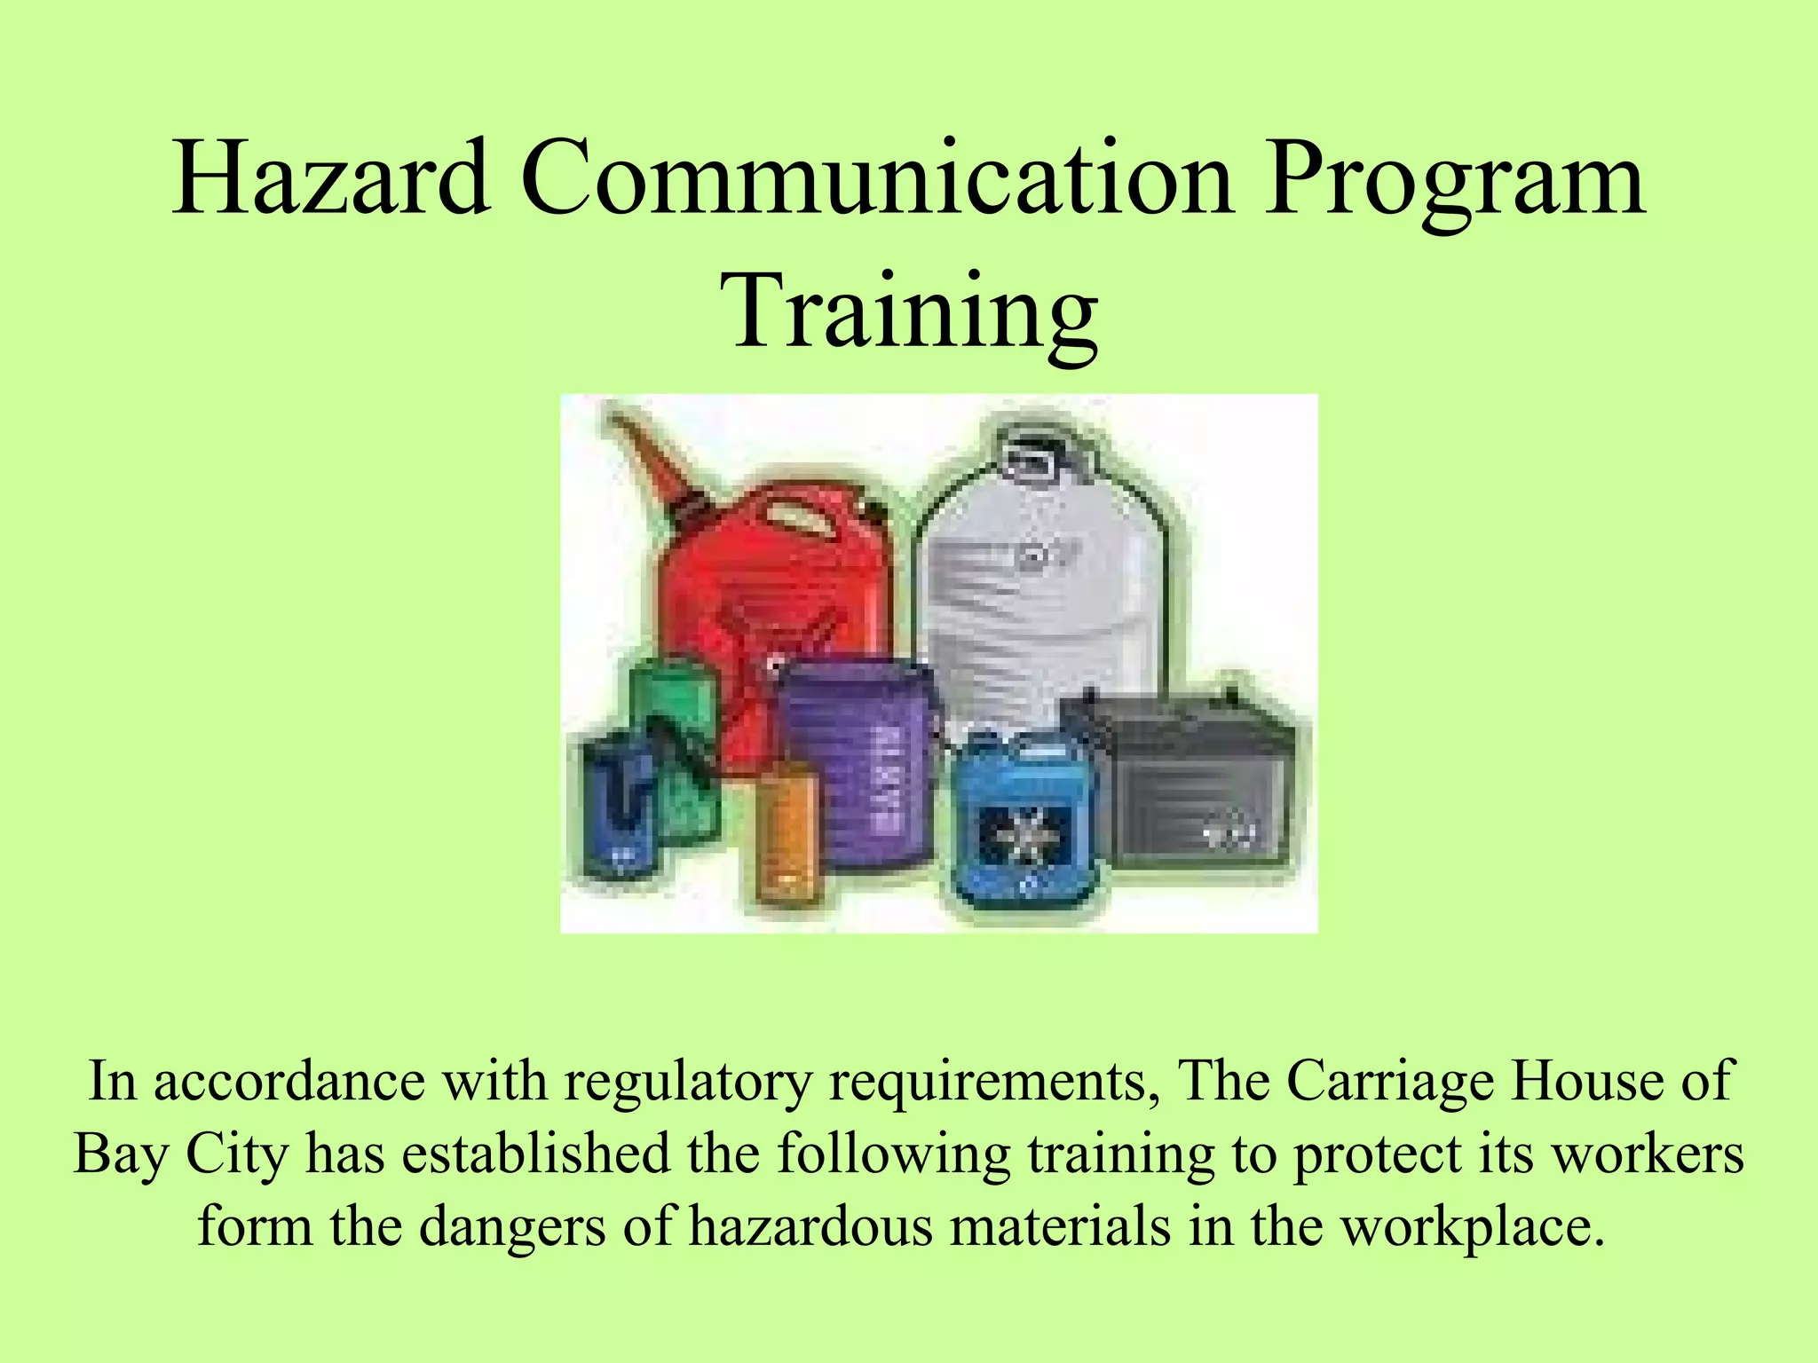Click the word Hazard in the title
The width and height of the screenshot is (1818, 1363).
330,180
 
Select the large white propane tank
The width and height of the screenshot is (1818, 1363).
1047,586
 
